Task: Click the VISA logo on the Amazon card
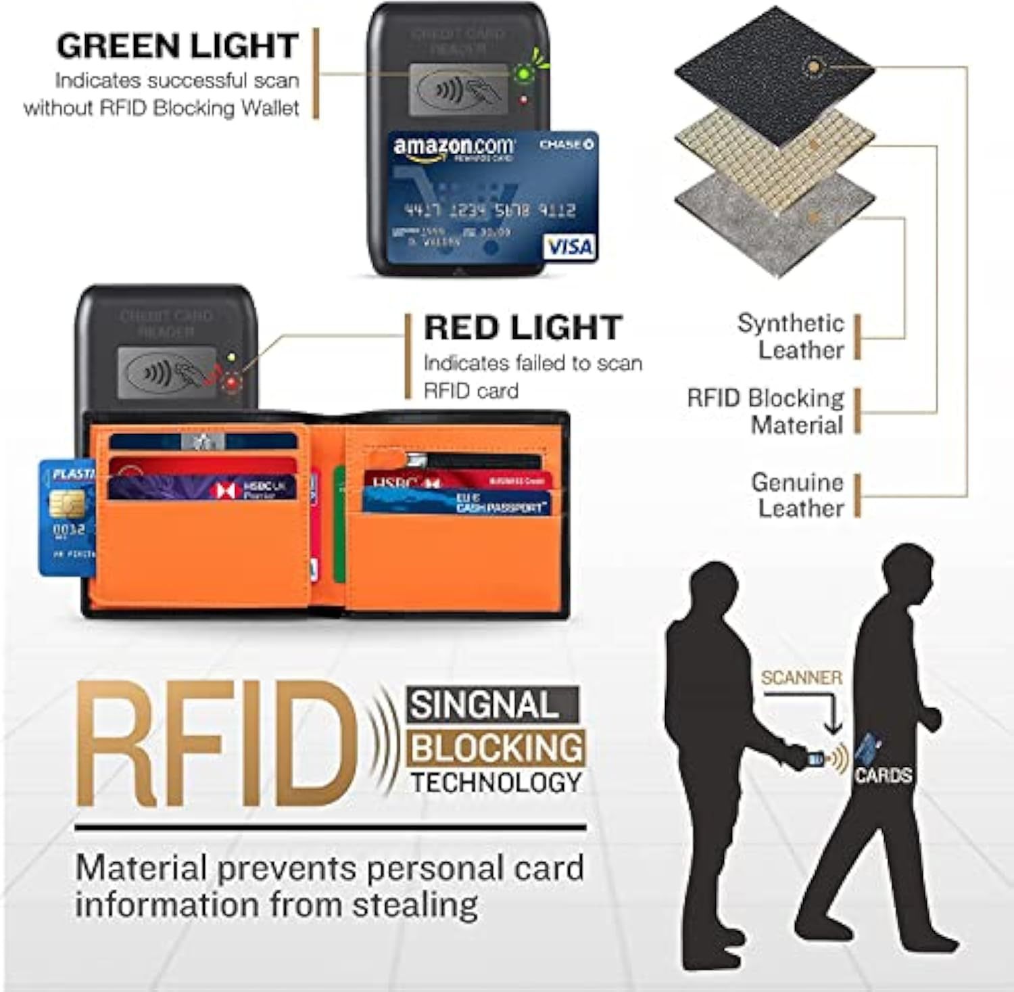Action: tap(569, 247)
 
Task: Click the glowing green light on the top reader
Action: tap(522, 73)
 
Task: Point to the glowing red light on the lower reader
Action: tap(232, 383)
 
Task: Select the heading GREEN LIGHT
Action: tap(177, 46)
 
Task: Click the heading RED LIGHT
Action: tap(523, 328)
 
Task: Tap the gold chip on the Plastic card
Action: tap(67, 503)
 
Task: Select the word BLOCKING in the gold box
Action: tap(496, 748)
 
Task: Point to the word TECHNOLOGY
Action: tap(496, 783)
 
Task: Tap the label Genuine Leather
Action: tap(798, 496)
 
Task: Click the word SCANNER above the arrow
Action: tap(801, 678)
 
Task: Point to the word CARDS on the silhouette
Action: tap(883, 775)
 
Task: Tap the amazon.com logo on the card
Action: tap(453, 147)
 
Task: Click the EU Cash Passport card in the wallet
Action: tap(457, 502)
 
